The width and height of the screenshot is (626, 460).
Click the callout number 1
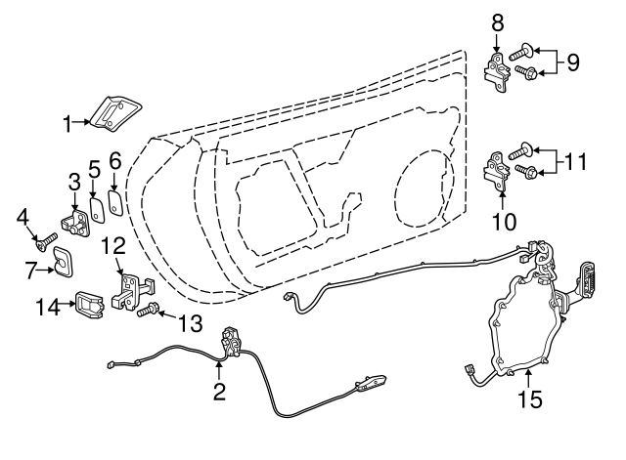pyautogui.click(x=68, y=124)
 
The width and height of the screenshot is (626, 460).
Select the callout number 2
pyautogui.click(x=219, y=393)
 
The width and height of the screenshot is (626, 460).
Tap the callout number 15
pyautogui.click(x=528, y=398)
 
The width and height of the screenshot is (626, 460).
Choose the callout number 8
pyautogui.click(x=497, y=21)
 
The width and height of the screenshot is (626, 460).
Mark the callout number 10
pyautogui.click(x=503, y=222)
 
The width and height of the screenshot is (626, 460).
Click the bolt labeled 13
pyautogui.click(x=147, y=313)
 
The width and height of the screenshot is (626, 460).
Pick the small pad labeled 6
pyautogui.click(x=114, y=203)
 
